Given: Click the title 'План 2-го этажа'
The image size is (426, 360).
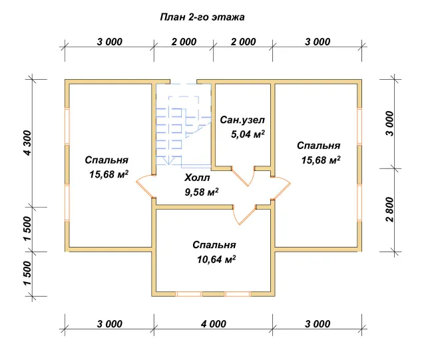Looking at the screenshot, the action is coord(202,17).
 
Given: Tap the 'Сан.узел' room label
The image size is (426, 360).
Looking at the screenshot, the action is coord(242,120).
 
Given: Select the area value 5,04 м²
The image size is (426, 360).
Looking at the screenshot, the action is coord(248,134).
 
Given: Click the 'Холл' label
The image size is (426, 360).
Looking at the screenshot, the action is coord(197,178).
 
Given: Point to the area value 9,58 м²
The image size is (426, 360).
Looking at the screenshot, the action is coord(202,192).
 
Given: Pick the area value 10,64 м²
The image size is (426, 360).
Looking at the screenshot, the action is coord(216,260).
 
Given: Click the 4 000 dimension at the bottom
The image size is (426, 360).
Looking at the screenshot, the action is coord(214,324).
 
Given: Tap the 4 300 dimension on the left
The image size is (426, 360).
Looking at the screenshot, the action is coord(28,143).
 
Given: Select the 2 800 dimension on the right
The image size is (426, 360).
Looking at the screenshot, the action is coord(389,209).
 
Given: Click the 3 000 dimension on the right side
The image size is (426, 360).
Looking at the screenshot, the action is coord(389,124).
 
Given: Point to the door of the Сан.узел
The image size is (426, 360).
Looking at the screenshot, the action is coord(243,176).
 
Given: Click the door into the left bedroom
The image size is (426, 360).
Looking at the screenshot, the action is coord(145,186).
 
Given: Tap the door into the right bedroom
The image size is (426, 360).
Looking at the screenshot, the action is coord(281,188).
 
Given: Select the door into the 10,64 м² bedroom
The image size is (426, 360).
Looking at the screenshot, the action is coord(244,215).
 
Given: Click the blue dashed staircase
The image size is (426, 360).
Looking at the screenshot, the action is coord(184,124).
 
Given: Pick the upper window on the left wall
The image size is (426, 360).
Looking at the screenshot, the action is coord(67,126).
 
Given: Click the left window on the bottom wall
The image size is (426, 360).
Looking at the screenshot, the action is coord(188,294).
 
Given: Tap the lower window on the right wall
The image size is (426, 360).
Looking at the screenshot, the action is coord(359,203).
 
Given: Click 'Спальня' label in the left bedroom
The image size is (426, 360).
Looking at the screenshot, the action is coord(106,160).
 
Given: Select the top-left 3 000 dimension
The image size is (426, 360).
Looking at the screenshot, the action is coord(109,42).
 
